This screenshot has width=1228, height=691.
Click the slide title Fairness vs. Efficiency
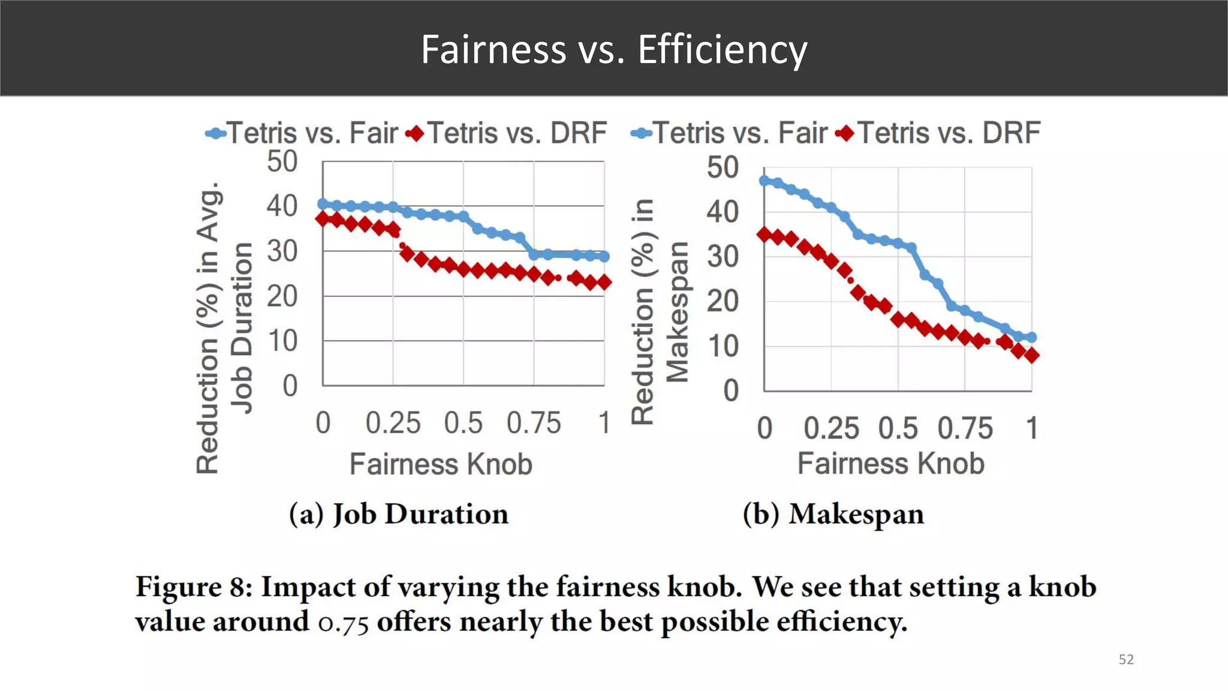[613, 49]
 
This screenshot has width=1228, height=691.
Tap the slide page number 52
[1125, 659]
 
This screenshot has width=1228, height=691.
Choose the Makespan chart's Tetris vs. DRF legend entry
[940, 133]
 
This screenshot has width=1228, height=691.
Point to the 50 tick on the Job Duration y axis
[282, 161]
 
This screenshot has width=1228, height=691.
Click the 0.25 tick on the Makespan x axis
[830, 428]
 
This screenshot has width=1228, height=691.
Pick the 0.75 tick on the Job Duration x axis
[534, 423]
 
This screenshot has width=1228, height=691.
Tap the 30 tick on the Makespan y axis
[722, 256]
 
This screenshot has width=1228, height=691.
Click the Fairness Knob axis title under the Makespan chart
[890, 464]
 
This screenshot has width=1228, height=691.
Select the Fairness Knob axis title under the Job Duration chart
[441, 464]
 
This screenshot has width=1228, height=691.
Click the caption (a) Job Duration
[398, 514]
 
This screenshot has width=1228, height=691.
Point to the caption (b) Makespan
[833, 514]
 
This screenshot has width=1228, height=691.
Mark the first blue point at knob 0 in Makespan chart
[765, 180]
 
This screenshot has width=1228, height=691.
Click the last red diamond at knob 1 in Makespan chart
[1031, 356]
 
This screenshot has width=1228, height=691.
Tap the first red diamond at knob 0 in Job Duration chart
[323, 218]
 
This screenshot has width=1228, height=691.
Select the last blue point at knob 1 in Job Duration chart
[604, 257]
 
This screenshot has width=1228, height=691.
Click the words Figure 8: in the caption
[194, 587]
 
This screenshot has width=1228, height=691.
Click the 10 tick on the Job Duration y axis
[282, 341]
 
